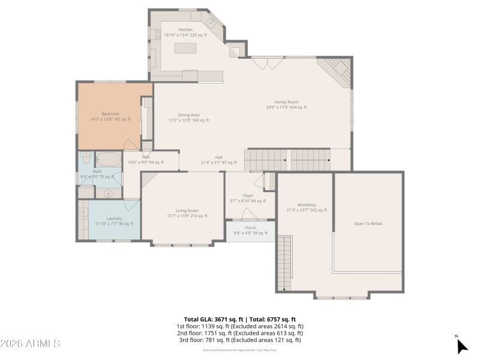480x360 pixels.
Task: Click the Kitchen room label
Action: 185,29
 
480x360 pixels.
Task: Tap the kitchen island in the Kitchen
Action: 187,47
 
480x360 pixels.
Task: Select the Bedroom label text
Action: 110,114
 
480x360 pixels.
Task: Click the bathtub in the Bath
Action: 108,160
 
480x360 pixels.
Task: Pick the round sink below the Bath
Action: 108,193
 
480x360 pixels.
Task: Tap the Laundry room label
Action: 114,218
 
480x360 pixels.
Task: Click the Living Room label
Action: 187,211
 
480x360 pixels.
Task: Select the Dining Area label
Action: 188,115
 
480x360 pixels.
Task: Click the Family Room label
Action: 286,102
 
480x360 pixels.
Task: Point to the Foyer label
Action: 248,196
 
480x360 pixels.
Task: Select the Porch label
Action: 250,227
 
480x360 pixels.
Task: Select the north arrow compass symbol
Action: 461,346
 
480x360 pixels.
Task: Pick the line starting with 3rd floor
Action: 239,340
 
